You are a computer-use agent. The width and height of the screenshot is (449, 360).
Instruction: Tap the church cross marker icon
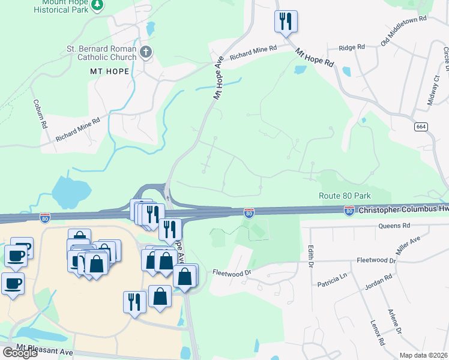[145, 53]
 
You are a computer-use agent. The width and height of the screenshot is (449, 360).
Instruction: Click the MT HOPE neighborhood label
[109, 71]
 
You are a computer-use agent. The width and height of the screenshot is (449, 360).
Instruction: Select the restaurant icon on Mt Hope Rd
[285, 21]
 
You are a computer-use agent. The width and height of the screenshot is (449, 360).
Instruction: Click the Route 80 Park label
[345, 196]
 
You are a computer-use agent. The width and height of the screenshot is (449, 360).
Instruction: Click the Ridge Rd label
[352, 47]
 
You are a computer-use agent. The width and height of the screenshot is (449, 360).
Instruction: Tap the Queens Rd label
[394, 226]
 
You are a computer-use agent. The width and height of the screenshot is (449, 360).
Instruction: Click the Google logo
[19, 353]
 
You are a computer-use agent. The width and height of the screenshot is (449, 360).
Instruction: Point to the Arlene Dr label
[394, 322]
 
